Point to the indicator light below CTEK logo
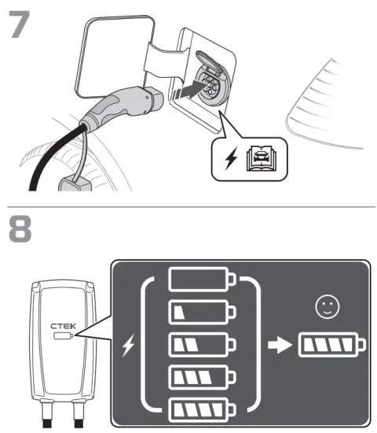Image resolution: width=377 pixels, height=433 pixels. point(61,335)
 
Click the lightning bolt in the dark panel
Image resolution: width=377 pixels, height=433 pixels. point(129,344)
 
